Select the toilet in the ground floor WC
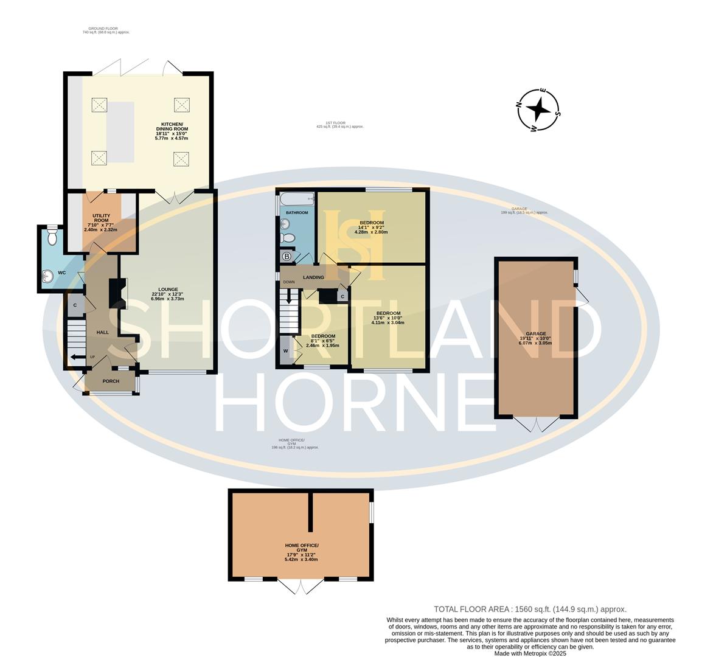pos(52,237)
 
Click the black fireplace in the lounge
pos(115,293)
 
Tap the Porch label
pos(111,381)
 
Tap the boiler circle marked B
pos(287,257)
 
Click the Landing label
pos(313,277)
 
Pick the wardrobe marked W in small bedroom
pos(285,351)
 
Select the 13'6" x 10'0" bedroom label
pos(387,318)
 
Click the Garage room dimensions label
pos(536,338)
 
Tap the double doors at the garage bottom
pos(536,423)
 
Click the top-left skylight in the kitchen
pos(99,105)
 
